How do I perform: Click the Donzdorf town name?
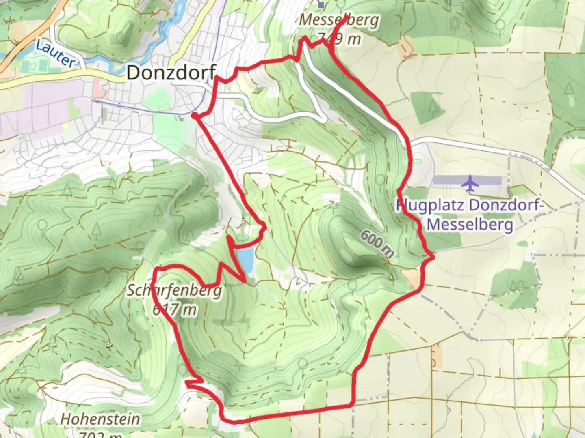pyautogui.click(x=171, y=73)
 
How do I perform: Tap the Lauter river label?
pyautogui.click(x=56, y=53)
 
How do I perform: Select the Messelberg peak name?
pyautogui.click(x=339, y=20)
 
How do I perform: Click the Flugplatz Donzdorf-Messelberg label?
pyautogui.click(x=470, y=215)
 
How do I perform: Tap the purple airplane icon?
pyautogui.click(x=470, y=183)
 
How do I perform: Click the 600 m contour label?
pyautogui.click(x=377, y=244)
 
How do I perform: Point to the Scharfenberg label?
pyautogui.click(x=174, y=290)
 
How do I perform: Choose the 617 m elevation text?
pyautogui.click(x=174, y=310)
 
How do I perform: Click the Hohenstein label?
pyautogui.click(x=100, y=419)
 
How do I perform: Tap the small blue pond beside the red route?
pyautogui.click(x=245, y=260)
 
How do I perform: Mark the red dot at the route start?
pyautogui.click(x=195, y=116)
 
